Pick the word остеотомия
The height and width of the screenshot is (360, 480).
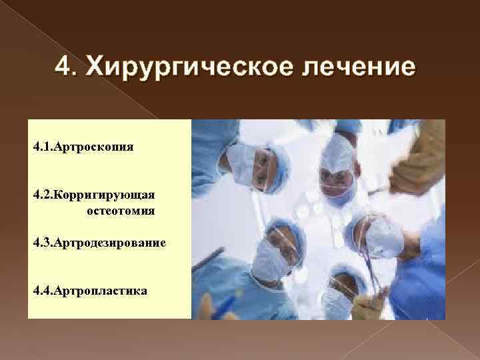coord(121,211)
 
